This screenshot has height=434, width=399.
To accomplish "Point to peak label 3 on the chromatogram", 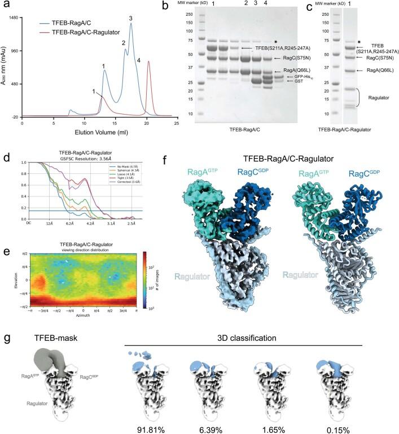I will [131, 19].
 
